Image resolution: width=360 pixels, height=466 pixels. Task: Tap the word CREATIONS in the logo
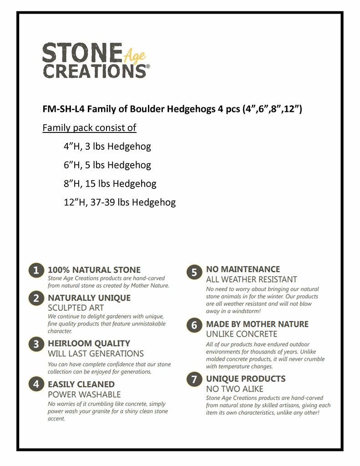(x=94, y=71)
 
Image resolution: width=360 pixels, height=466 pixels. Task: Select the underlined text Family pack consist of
(x=89, y=128)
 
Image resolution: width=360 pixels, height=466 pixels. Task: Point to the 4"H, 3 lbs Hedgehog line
(x=107, y=147)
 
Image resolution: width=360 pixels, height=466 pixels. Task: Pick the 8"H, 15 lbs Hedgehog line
(x=110, y=184)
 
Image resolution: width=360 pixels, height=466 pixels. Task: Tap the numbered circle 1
(x=36, y=270)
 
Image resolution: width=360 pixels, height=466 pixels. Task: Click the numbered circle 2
(x=36, y=299)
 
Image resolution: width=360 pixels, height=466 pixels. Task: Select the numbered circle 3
(x=36, y=344)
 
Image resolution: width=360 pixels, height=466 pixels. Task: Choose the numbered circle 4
(x=36, y=385)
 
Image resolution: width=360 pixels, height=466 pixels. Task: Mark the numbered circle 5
(x=194, y=272)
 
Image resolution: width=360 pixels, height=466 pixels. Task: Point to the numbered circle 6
(x=194, y=325)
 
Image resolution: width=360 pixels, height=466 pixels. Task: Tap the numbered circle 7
(x=194, y=380)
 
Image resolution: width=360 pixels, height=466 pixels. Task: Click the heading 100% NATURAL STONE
(x=94, y=270)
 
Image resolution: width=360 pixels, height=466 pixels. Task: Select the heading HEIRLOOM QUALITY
(x=89, y=344)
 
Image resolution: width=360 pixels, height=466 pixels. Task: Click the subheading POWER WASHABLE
(x=84, y=395)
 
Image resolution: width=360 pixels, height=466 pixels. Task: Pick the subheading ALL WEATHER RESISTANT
(x=251, y=279)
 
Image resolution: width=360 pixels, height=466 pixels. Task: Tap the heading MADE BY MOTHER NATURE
(x=257, y=324)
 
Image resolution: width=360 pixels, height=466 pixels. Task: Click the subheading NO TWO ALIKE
(x=234, y=389)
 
